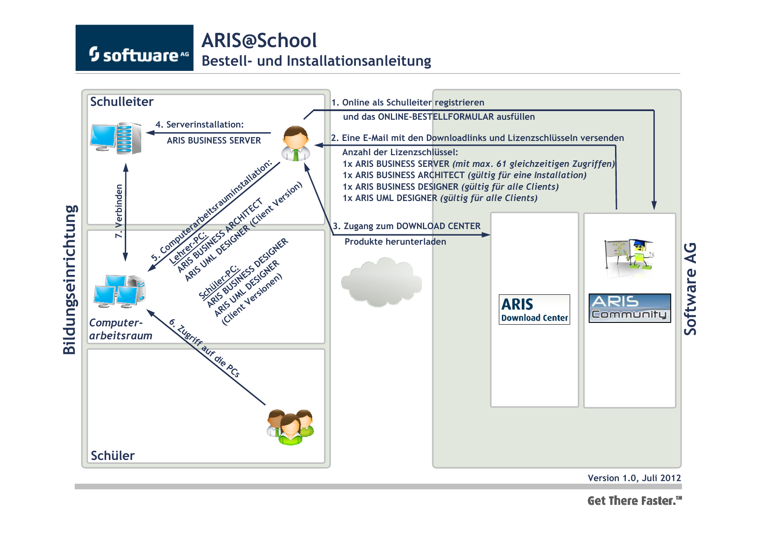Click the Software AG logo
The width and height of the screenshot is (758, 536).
(134, 48)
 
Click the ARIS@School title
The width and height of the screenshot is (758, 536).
(259, 41)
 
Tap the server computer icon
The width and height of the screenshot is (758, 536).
(116, 138)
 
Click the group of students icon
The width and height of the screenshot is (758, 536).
(290, 427)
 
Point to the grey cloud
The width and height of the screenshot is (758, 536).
(381, 282)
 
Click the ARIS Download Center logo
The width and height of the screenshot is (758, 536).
(534, 309)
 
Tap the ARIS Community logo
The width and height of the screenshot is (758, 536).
(630, 308)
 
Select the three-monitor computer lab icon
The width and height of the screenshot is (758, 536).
(120, 291)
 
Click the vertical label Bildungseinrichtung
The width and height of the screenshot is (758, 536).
(70, 280)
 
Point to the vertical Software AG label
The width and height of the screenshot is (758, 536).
(690, 289)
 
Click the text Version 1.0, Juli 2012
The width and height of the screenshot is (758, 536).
(634, 478)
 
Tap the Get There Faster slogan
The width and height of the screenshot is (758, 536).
(634, 501)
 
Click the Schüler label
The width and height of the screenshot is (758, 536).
(113, 456)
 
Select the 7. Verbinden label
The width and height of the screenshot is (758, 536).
(119, 211)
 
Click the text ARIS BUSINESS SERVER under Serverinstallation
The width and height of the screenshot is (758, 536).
(214, 140)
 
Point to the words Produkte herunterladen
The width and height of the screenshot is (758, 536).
(395, 242)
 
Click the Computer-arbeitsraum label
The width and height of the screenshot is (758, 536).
(121, 329)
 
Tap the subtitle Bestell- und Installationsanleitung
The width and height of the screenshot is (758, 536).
(316, 61)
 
